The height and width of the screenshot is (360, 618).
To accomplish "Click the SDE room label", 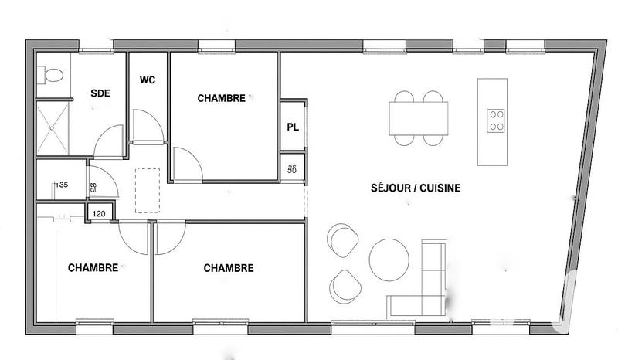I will (x=100, y=93).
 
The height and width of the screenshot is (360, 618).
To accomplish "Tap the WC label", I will (x=148, y=80).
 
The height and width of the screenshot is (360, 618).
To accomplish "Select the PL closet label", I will (x=292, y=127).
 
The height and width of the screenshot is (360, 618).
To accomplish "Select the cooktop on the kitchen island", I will (x=496, y=120).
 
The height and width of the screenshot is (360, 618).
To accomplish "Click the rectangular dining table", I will (x=418, y=118).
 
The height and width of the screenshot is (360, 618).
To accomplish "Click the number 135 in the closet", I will (x=63, y=185).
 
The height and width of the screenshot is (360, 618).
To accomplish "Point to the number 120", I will (x=99, y=213).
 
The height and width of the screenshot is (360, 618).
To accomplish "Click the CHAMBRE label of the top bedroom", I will (x=221, y=98).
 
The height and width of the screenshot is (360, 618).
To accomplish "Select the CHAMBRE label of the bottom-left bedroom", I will (x=93, y=268).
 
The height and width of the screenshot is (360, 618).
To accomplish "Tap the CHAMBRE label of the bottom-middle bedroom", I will (x=229, y=268).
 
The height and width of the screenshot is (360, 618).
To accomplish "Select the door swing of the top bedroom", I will (x=186, y=164).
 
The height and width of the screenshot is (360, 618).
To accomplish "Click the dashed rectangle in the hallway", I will (x=148, y=189).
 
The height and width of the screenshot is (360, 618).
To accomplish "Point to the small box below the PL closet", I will (x=292, y=168).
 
